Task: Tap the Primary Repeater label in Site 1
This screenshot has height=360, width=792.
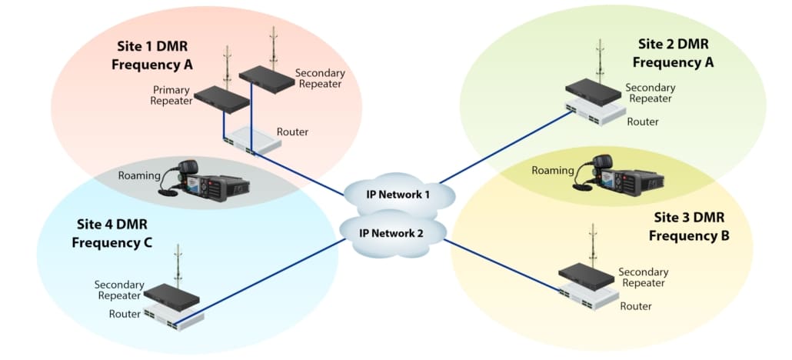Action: click(171, 95)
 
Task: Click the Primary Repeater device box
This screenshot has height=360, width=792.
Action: click(221, 98)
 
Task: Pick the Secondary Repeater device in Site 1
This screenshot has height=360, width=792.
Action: click(265, 75)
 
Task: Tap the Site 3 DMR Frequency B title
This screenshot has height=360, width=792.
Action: click(689, 226)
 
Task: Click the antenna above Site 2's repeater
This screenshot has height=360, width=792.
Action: click(600, 59)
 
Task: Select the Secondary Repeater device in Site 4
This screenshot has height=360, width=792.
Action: click(172, 295)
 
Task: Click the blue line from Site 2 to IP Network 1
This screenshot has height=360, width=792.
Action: click(507, 146)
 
